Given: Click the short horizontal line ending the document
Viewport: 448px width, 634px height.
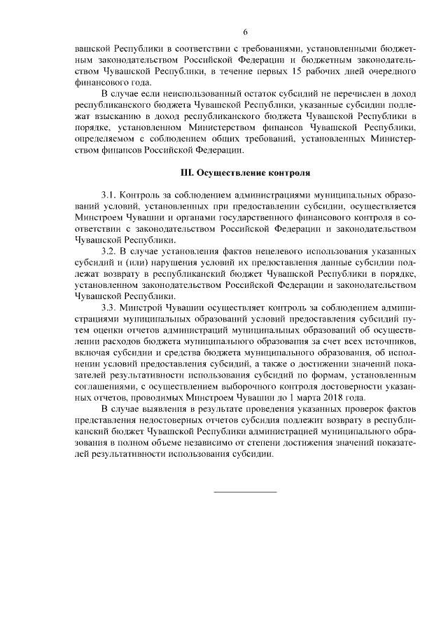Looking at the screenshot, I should click(x=245, y=491).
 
